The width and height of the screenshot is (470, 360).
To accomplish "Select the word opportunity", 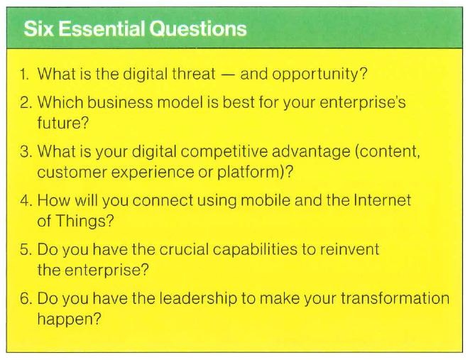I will click(x=312, y=74).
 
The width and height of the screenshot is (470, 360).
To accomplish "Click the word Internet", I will click(x=383, y=202).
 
